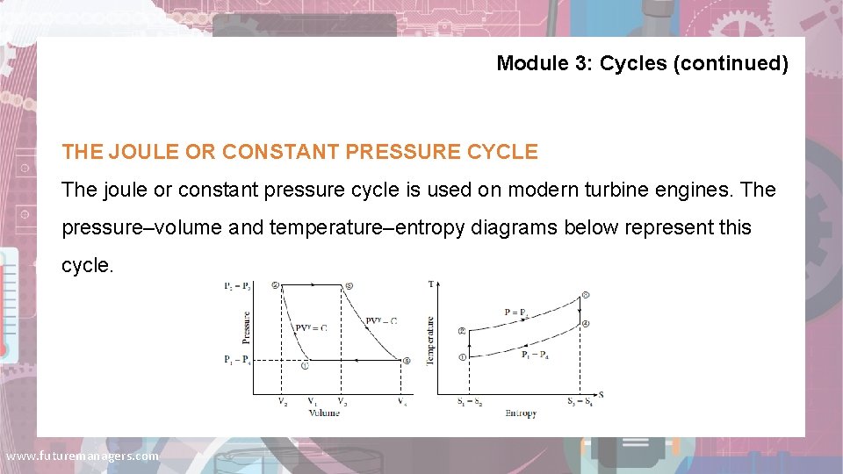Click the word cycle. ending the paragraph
pyautogui.click(x=88, y=265)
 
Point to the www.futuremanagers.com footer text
pyautogui.click(x=83, y=456)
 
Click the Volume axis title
pyautogui.click(x=323, y=413)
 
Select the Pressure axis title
pyautogui.click(x=246, y=327)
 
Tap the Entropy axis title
pyautogui.click(x=521, y=413)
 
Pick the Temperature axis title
pyautogui.click(x=430, y=341)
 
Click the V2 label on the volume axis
pyautogui.click(x=282, y=403)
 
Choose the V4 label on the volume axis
pyautogui.click(x=401, y=403)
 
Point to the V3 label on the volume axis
pyautogui.click(x=342, y=403)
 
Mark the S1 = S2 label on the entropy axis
pyautogui.click(x=470, y=403)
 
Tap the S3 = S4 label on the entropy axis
pyautogui.click(x=580, y=403)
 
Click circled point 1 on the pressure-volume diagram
pyautogui.click(x=305, y=367)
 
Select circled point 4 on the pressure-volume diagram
pyautogui.click(x=406, y=361)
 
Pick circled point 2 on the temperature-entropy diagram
pyautogui.click(x=462, y=331)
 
